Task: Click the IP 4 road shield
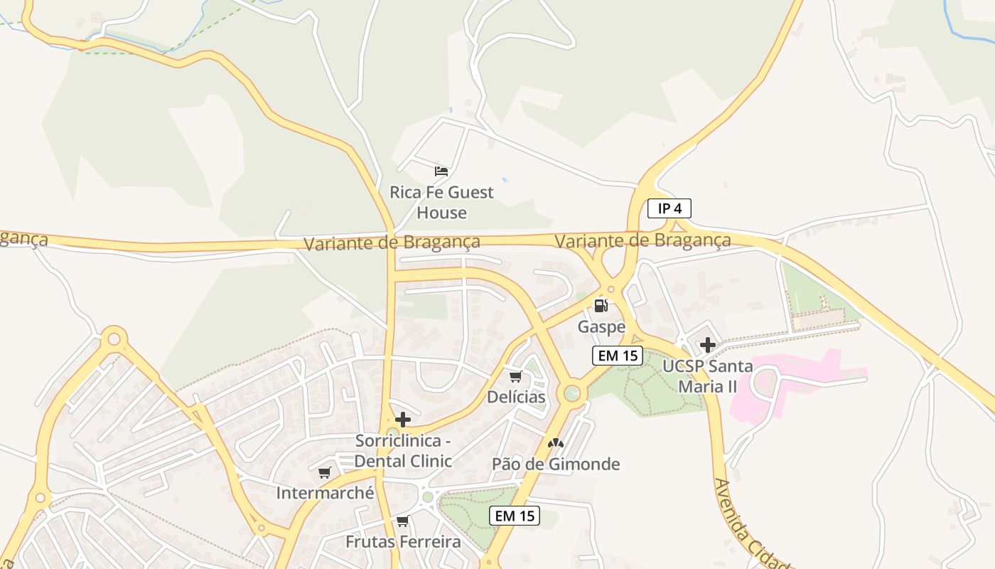669,208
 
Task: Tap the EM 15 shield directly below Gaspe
618,356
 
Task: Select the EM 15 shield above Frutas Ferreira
515,516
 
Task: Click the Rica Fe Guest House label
441,202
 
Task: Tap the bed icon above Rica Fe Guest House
441,171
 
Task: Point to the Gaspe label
601,326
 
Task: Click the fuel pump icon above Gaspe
601,306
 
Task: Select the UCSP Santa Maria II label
707,376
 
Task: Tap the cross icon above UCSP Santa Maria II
707,345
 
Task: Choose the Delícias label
516,397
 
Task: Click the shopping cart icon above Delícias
515,376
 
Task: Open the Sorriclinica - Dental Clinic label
403,451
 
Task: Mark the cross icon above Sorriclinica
403,420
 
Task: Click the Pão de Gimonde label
556,464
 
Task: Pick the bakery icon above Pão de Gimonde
556,443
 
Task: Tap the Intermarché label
325,493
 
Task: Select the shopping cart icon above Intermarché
325,472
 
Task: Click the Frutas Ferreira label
403,542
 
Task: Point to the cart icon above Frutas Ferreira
403,521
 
